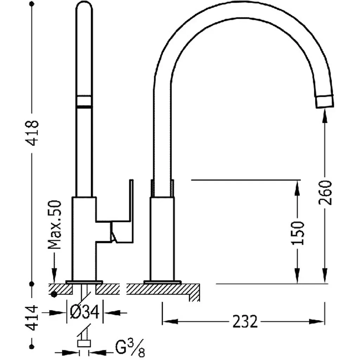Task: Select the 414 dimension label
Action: (32, 318)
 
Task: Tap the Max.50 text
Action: (54, 225)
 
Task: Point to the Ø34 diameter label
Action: (84, 312)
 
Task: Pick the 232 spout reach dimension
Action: (245, 321)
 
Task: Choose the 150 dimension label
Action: (298, 233)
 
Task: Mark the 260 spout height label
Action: (325, 192)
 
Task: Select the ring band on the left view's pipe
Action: (84, 101)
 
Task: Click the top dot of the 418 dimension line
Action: (32, 4)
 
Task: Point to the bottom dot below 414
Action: (32, 346)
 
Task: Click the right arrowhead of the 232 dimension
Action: (317, 321)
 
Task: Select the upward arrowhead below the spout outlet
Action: (324, 117)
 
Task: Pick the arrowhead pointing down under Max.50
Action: (54, 276)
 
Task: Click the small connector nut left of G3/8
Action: (84, 343)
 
